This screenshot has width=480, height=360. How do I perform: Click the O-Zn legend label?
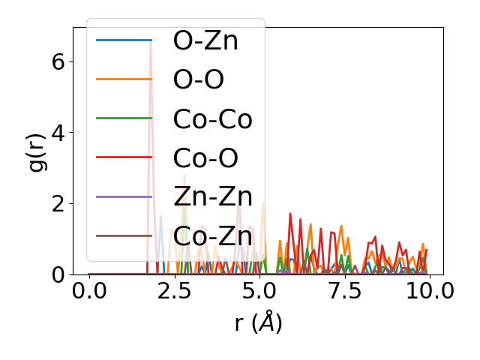pyautogui.click(x=205, y=40)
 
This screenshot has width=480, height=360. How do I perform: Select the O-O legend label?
pyautogui.click(x=198, y=79)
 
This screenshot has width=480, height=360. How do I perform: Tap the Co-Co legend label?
pyautogui.click(x=212, y=118)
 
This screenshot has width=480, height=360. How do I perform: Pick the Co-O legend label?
pyautogui.click(x=205, y=157)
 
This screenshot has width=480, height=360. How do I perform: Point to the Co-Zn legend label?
pyautogui.click(x=212, y=235)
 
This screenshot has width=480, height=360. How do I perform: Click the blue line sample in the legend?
pyautogui.click(x=124, y=40)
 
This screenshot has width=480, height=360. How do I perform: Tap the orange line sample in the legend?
pyautogui.click(x=124, y=79)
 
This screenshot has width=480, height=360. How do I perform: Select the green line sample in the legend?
pyautogui.click(x=124, y=118)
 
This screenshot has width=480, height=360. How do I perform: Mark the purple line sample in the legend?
pyautogui.click(x=124, y=196)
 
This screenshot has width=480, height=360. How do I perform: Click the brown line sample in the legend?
pyautogui.click(x=124, y=235)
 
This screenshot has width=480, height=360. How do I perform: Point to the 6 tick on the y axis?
pyautogui.click(x=58, y=61)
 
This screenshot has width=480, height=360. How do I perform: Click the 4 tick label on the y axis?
pyautogui.click(x=58, y=133)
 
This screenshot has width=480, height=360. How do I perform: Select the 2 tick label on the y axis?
pyautogui.click(x=58, y=204)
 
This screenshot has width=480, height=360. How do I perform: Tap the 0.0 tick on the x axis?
pyautogui.click(x=89, y=291)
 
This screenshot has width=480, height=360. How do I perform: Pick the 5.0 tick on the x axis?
pyautogui.click(x=259, y=291)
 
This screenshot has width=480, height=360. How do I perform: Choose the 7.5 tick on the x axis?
pyautogui.click(x=344, y=291)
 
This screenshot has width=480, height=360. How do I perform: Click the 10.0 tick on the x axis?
pyautogui.click(x=429, y=291)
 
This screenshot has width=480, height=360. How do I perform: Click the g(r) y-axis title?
pyautogui.click(x=37, y=151)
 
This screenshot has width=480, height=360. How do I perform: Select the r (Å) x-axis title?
pyautogui.click(x=258, y=322)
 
